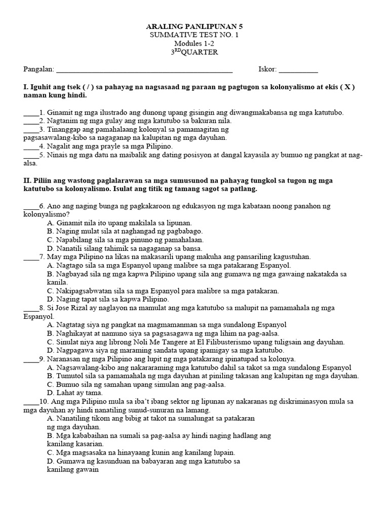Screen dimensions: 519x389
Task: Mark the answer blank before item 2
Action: pyautogui.click(x=30, y=121)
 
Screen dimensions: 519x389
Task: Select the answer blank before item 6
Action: pyautogui.click(x=30, y=207)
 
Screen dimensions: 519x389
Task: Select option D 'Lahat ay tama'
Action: pyautogui.click(x=74, y=393)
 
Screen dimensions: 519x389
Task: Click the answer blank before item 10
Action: pyautogui.click(x=30, y=402)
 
